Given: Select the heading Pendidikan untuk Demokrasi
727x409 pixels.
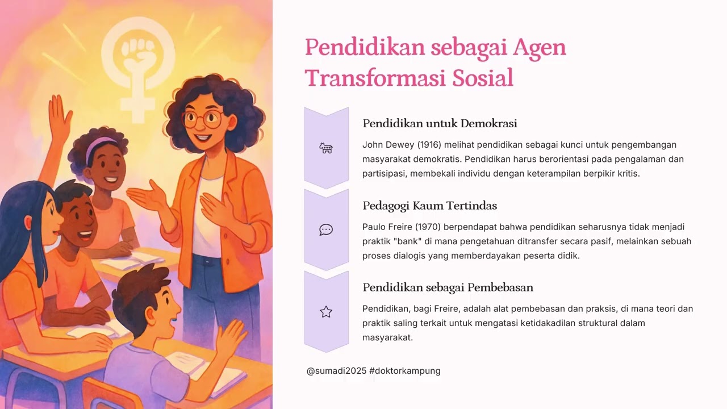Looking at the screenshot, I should point(440,123).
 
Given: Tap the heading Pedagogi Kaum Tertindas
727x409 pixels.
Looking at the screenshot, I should point(429,206).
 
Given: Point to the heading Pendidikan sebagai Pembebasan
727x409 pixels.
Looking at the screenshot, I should point(448,287).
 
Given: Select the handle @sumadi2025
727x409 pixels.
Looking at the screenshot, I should point(336,371).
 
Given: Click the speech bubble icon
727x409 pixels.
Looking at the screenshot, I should point(326,230).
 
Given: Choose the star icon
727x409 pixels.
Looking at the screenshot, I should point(326,312).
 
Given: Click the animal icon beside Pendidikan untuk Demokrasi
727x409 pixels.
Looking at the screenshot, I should point(326,148).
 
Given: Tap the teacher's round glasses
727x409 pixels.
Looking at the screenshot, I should point(202,119).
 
